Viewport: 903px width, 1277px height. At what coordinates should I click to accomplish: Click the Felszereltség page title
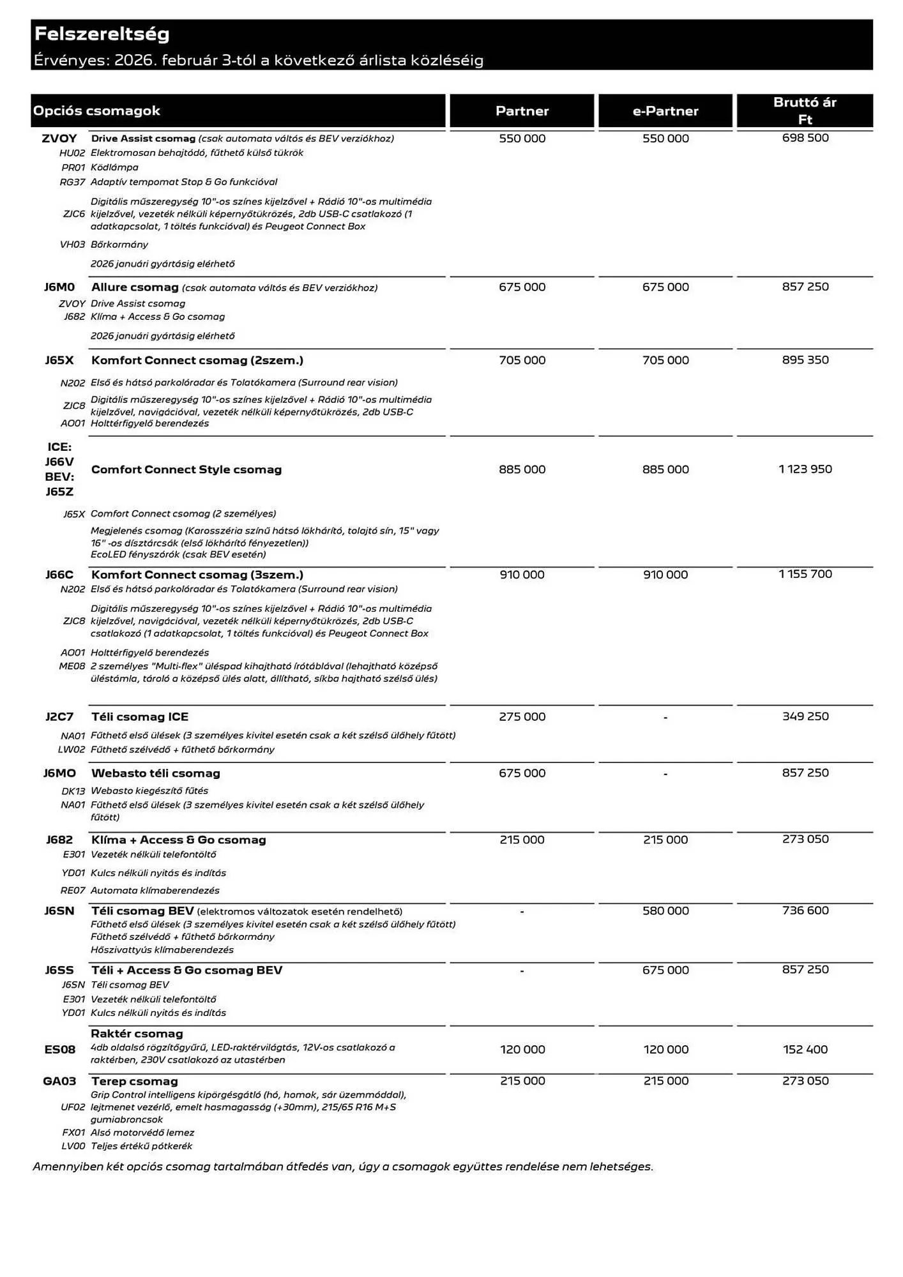tap(102, 34)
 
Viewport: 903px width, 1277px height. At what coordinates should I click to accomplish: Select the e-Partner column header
tap(665, 111)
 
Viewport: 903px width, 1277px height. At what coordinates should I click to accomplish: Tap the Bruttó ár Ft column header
tap(805, 111)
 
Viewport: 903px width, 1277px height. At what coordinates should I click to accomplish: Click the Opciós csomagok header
tap(96, 111)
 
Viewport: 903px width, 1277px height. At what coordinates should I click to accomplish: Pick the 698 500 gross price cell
tap(805, 138)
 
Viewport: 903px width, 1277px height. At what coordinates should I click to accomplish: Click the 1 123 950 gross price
tap(805, 469)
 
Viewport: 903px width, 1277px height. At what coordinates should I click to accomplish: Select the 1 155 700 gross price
tap(805, 574)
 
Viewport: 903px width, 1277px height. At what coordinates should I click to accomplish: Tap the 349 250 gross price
tap(805, 716)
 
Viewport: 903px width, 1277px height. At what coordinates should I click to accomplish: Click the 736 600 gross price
tap(805, 911)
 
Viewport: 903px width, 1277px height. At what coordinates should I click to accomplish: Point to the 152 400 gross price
tap(805, 1049)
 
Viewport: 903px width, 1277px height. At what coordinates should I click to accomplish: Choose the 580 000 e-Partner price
tap(665, 911)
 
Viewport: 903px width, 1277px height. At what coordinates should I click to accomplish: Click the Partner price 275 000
tap(522, 717)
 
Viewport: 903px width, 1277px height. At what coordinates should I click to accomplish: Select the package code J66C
tap(59, 575)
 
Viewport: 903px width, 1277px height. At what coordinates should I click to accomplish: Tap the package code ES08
tap(59, 1049)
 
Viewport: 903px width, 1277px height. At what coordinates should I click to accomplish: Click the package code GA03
tap(59, 1081)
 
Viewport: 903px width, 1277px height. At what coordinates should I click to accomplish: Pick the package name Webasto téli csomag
tap(156, 773)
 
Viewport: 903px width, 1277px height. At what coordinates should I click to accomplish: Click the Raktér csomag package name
tap(137, 1034)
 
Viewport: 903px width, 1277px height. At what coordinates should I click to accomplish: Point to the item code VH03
tap(72, 245)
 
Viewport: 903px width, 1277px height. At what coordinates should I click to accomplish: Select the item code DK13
tap(73, 791)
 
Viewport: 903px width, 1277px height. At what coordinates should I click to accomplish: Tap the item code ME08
tap(72, 666)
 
